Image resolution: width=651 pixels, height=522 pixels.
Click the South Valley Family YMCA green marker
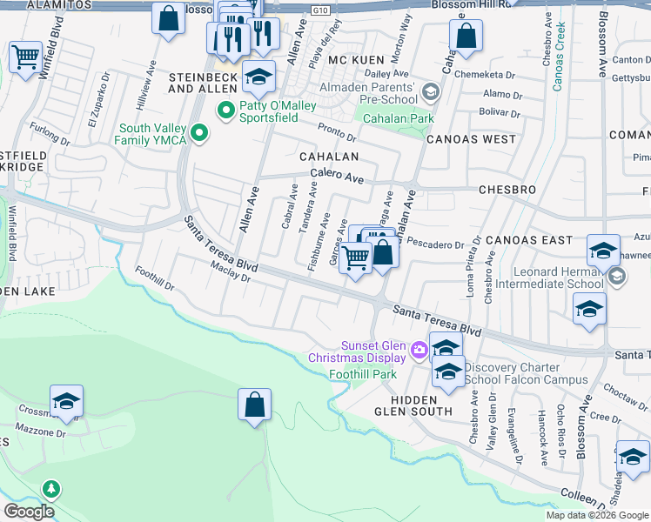(200, 133)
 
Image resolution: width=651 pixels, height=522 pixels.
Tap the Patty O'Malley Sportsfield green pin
(225, 110)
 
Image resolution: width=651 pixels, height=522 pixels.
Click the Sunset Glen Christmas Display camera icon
(419, 350)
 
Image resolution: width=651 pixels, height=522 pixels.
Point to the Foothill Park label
(363, 374)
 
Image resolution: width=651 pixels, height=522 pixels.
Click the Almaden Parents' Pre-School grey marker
(429, 92)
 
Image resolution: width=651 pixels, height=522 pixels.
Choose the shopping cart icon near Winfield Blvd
(25, 57)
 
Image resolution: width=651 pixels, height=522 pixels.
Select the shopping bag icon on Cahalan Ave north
(466, 37)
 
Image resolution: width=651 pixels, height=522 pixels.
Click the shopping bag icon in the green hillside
(254, 405)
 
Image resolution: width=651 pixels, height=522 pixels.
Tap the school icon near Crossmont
(66, 401)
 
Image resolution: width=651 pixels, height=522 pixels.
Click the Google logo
(30, 512)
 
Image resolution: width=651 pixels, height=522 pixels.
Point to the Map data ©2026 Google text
(596, 515)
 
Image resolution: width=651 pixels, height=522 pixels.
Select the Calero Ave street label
(337, 176)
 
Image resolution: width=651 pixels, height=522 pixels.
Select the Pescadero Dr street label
(435, 244)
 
